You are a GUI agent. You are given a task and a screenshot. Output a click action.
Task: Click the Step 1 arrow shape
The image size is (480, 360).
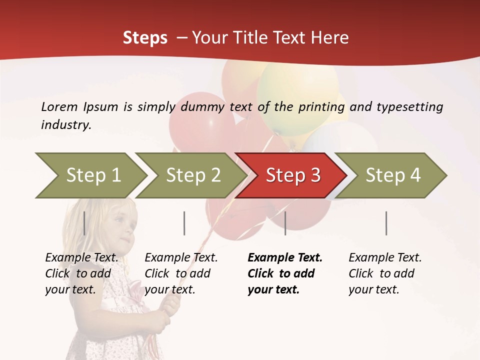tap(90, 175)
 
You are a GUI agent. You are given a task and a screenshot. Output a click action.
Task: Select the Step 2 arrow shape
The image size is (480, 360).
tap(192, 175)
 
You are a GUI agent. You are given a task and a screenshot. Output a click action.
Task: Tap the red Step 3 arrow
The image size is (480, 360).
tap(292, 175)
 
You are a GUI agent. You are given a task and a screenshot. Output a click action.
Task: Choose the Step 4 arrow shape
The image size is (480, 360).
tap(392, 175)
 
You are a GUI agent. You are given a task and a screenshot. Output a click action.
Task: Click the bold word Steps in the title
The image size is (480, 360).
tap(145, 38)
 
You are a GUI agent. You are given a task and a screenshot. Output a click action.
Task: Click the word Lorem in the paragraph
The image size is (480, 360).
tap(59, 107)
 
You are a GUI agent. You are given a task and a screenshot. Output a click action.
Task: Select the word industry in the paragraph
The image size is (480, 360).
tap(65, 125)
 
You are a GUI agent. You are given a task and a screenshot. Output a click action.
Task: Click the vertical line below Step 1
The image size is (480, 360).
tap(84, 223)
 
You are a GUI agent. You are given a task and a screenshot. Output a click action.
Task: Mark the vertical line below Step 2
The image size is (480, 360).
tap(184, 223)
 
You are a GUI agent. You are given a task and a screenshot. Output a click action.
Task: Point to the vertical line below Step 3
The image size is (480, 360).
tap(285, 223)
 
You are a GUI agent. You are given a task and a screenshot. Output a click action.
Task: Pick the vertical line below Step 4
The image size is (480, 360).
tap(386, 223)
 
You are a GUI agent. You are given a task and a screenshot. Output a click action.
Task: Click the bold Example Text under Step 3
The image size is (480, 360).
tap(285, 258)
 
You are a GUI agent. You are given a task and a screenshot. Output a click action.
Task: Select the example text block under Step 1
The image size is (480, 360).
tap(81, 273)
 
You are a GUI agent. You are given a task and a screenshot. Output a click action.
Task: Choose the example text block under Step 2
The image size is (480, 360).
tap(181, 273)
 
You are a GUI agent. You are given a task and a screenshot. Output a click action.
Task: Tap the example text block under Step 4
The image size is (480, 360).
tap(385, 273)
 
